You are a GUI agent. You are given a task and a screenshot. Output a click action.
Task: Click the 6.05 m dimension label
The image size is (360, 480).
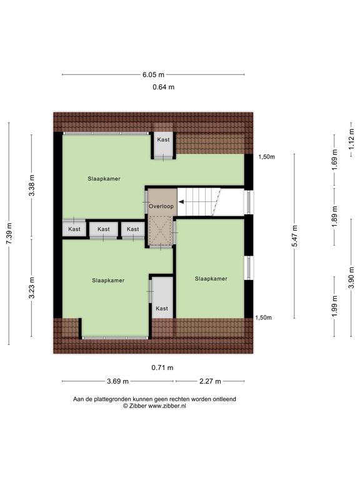pos(153,74)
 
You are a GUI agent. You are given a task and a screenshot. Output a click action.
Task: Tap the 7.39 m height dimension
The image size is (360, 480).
pos(9,233)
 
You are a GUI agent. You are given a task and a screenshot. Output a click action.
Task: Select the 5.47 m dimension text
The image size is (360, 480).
pos(294,236)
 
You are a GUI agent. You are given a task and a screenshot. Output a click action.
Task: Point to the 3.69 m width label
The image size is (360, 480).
pos(117,381)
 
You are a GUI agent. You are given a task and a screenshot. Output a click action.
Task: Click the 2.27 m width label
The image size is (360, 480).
pos(210,381)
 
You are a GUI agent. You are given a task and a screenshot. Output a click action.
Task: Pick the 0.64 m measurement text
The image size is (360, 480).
pos(164,87)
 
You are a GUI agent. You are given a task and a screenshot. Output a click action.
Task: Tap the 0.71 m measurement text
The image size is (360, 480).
pos(162,367)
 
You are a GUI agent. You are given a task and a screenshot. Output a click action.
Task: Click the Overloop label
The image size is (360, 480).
pos(161,206)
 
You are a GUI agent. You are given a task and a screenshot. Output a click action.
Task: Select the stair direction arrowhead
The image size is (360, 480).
pos(181,202)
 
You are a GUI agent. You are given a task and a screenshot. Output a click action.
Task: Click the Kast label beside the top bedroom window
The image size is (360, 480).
pos(163,139)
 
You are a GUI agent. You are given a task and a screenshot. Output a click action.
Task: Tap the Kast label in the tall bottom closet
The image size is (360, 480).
pos(162,309)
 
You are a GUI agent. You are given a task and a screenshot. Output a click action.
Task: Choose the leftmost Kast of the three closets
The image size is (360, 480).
pos(74,229)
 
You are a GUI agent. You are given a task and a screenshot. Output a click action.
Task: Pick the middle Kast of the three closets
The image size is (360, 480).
pos(104,229)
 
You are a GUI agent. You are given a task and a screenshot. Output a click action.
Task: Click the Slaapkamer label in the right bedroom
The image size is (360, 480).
pos(211,279)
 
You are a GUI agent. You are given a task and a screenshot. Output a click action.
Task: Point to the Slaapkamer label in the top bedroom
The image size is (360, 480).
pos(104,179)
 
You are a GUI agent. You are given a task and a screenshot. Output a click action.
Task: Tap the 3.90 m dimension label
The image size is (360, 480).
pos(351,277)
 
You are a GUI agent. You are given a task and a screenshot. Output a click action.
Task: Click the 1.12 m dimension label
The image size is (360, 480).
pos(351,139)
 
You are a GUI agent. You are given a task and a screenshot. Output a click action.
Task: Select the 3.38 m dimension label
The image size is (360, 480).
pos(31,186)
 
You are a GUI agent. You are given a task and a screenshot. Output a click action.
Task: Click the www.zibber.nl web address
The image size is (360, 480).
pos(167,406)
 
